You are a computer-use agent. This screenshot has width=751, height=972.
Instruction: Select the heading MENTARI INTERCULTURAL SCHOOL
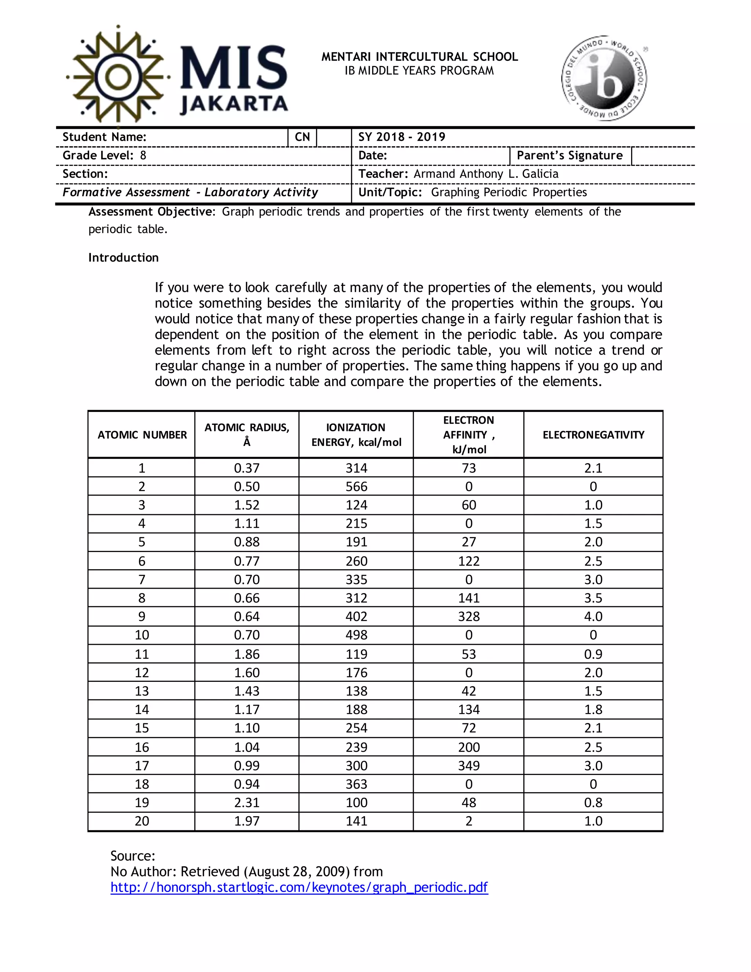coord(420,57)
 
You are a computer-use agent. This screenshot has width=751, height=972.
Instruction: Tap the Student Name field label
coord(105,137)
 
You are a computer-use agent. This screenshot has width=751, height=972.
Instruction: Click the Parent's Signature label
coord(569,155)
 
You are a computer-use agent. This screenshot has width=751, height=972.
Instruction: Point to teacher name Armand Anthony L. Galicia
coord(486,173)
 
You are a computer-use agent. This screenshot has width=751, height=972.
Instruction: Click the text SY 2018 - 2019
coord(402,137)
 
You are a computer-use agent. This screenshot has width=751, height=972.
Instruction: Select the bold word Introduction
coord(123,258)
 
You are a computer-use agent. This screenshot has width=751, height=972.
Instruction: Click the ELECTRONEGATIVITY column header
coord(593,435)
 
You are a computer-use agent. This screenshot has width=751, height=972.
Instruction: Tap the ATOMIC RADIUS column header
coord(247,434)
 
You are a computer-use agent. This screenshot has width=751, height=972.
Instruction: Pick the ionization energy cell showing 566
coord(356,486)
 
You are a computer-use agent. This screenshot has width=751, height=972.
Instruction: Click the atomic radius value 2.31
coord(247,803)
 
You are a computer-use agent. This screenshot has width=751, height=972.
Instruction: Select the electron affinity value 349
coord(469,765)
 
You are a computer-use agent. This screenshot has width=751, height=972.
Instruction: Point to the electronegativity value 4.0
coord(593,617)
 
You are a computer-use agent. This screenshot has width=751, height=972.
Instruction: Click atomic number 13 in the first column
coord(142,691)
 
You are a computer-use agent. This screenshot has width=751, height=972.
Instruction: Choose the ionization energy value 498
coord(356,635)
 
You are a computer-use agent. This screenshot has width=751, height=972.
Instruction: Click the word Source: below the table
coord(133,856)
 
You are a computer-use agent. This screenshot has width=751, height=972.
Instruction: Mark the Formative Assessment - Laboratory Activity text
coord(190,192)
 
